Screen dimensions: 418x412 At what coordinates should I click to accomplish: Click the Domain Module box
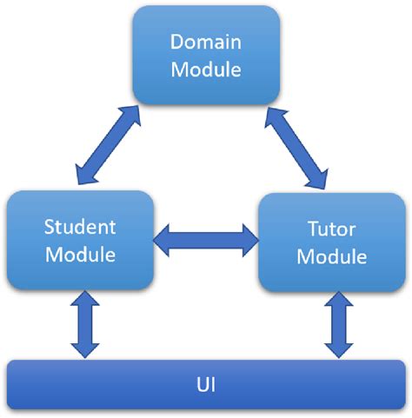[205, 56]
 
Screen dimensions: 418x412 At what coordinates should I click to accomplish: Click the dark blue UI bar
[205, 382]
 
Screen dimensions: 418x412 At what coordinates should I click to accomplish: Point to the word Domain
[205, 43]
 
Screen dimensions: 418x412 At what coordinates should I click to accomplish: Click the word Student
[80, 228]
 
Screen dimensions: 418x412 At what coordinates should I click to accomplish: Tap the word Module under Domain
[205, 69]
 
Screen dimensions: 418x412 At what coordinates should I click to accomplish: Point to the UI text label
[205, 382]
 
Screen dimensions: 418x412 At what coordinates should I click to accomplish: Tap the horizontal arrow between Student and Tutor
[206, 238]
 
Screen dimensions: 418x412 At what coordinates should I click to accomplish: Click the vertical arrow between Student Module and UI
[86, 324]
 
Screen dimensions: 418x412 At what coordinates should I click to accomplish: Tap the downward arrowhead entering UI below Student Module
[86, 349]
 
